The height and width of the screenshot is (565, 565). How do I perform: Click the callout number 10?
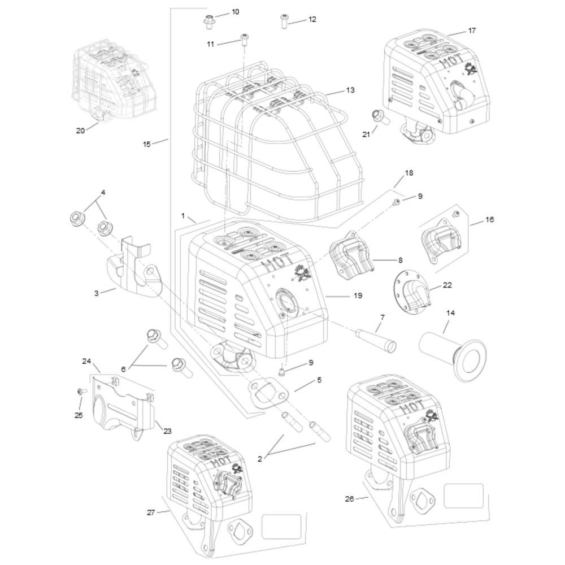click(236, 12)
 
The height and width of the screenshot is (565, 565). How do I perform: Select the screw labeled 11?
click(245, 40)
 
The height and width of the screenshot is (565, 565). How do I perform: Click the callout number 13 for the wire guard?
click(350, 90)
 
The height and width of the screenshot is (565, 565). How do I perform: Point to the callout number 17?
click(472, 30)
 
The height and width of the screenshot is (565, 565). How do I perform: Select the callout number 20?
click(80, 131)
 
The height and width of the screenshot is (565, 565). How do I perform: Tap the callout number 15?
click(146, 144)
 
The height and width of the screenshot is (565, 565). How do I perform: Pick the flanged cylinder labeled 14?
click(452, 350)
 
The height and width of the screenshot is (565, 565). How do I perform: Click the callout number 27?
click(151, 512)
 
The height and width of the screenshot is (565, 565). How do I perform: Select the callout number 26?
click(349, 499)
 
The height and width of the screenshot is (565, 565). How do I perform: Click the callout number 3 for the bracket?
click(97, 293)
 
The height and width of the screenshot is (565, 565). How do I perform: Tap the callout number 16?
click(489, 219)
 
